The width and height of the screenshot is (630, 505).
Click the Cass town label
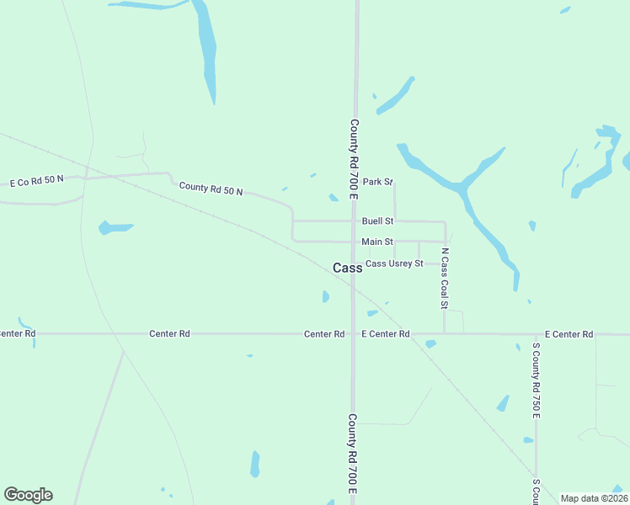pos(347,268)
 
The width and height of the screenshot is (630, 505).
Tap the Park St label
pos(378,182)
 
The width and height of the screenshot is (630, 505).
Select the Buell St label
pos(377,221)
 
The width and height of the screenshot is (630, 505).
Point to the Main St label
pos(377,242)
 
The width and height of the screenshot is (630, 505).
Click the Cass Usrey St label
pos(393,263)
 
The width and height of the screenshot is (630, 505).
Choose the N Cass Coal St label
pos(445,278)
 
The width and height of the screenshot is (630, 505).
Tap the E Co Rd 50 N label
pos(36,182)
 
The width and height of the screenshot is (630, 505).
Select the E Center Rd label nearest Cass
pos(385,334)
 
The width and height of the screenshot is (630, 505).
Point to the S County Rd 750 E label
pos(536,380)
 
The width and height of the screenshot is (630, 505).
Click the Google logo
pos(28,494)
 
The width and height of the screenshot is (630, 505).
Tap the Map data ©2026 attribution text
pos(594,498)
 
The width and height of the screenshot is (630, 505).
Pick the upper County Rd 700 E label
pos(355,159)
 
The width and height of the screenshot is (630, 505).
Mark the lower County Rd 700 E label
pos(353,453)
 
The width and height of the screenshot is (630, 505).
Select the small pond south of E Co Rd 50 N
pos(115,227)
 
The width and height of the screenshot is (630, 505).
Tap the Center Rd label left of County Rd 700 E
pos(324,334)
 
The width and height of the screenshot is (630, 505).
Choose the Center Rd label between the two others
pos(169,334)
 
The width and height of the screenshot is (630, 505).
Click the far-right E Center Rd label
pos(569,334)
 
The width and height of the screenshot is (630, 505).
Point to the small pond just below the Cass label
pos(326,296)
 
